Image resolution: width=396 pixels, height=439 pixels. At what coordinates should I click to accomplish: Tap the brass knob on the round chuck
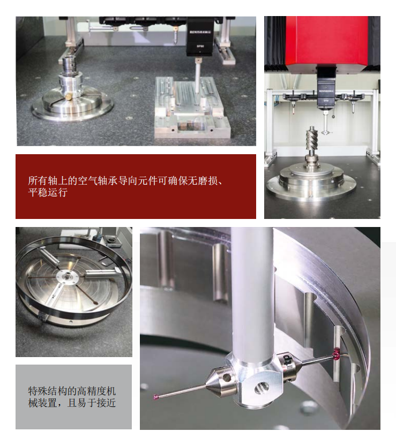70,97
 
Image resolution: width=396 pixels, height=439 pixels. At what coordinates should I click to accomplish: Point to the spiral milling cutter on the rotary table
311,140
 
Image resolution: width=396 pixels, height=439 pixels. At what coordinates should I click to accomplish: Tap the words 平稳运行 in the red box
48,193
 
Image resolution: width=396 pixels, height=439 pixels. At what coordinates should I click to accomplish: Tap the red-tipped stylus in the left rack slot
293,108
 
